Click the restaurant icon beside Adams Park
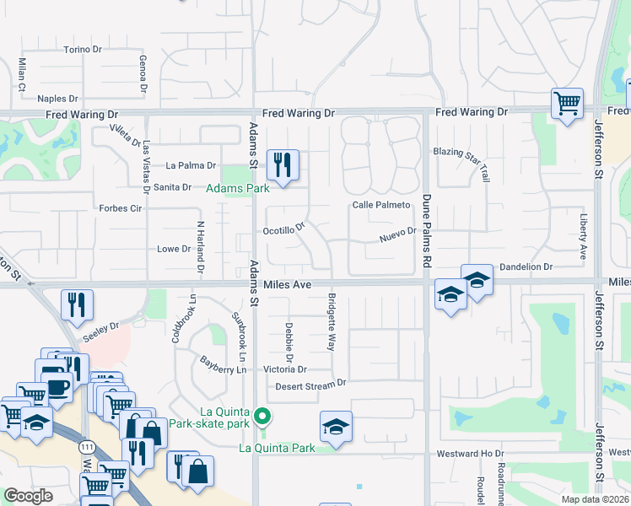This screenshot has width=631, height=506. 283,164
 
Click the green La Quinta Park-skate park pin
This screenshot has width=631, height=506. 264,417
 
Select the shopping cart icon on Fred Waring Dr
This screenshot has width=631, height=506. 568,104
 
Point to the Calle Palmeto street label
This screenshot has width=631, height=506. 380,205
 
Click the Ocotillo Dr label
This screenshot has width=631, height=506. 283,228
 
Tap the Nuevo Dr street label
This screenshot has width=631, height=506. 398,233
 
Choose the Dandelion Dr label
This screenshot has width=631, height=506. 526,266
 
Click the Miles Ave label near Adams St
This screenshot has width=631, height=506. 287,285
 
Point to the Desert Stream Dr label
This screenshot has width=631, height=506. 311,385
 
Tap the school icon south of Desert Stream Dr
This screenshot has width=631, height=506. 336,427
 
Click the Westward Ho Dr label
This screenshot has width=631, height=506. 470,454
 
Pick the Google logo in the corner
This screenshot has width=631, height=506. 29,496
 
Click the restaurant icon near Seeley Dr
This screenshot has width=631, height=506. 77,305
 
